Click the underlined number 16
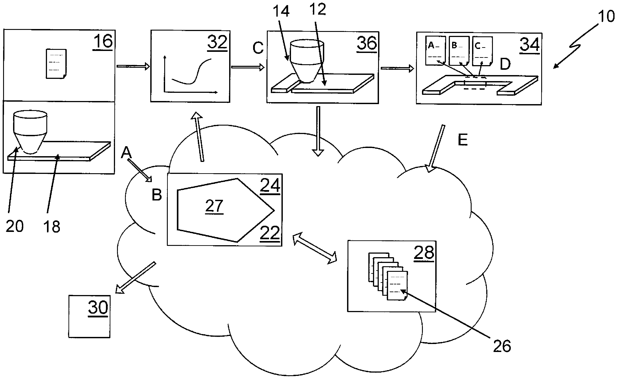point(103,42)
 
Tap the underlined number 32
point(217,42)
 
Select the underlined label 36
point(367,43)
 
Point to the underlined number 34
point(529,45)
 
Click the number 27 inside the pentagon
point(214,206)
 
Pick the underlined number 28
point(424,253)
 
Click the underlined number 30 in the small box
point(98,307)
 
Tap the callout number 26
point(502,346)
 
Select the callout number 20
point(15,226)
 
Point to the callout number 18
point(52,227)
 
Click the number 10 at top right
point(606,17)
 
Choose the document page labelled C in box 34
point(482,51)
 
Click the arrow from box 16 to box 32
point(133,66)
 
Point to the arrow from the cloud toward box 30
point(135,278)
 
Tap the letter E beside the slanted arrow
point(463,140)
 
